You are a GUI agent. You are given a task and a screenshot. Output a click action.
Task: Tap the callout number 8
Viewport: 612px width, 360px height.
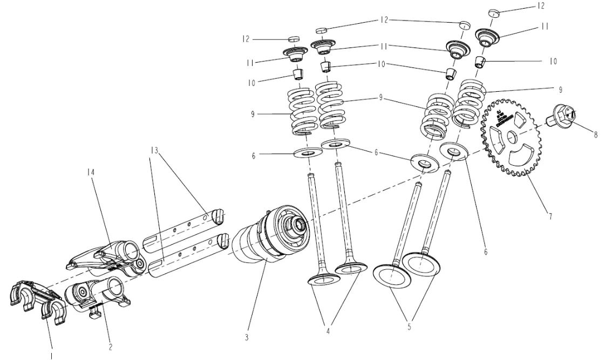(x=595, y=135)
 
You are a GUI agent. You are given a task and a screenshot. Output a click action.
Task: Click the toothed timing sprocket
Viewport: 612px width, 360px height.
(x=512, y=141)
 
